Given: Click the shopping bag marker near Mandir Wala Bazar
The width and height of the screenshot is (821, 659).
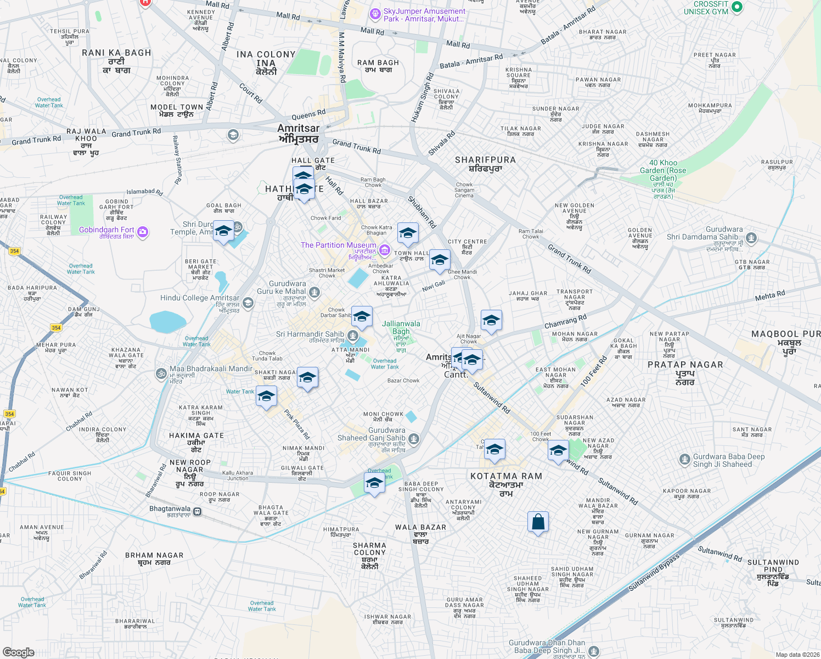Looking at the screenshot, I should [x=538, y=522].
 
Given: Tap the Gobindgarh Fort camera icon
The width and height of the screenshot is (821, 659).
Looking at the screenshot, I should [x=143, y=232].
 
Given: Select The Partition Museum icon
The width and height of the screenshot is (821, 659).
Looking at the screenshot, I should [x=385, y=251].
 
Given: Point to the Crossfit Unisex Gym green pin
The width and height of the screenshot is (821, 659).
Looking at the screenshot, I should [x=737, y=7].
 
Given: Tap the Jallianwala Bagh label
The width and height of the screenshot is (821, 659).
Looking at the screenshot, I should [x=401, y=327].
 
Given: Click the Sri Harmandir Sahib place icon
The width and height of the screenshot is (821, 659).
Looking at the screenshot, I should [x=353, y=335].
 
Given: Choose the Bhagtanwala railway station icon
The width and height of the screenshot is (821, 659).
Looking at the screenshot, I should [x=198, y=511].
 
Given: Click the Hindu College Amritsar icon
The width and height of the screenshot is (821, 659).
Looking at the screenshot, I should [x=248, y=303].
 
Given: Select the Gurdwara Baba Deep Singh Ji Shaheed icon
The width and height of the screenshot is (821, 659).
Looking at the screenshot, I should [x=684, y=459].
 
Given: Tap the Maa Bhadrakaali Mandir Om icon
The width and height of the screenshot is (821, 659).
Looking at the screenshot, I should [x=161, y=373].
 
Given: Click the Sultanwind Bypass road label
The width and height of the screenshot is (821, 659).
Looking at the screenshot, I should [x=654, y=572].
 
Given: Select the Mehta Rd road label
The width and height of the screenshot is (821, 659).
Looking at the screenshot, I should [x=769, y=296].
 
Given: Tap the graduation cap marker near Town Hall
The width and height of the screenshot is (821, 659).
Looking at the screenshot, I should [x=408, y=234].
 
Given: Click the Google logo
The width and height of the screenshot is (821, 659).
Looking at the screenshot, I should [x=19, y=652].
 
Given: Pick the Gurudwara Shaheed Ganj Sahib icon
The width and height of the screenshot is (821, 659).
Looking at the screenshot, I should [x=414, y=438].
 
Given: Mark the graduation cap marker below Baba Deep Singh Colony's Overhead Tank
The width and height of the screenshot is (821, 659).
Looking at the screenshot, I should [x=374, y=483].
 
